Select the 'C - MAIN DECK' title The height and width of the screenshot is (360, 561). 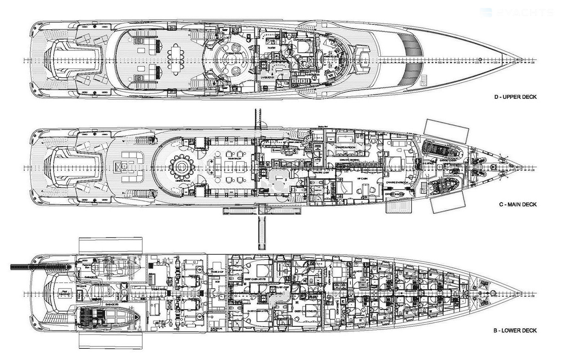517,205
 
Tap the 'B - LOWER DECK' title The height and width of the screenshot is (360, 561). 515,331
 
